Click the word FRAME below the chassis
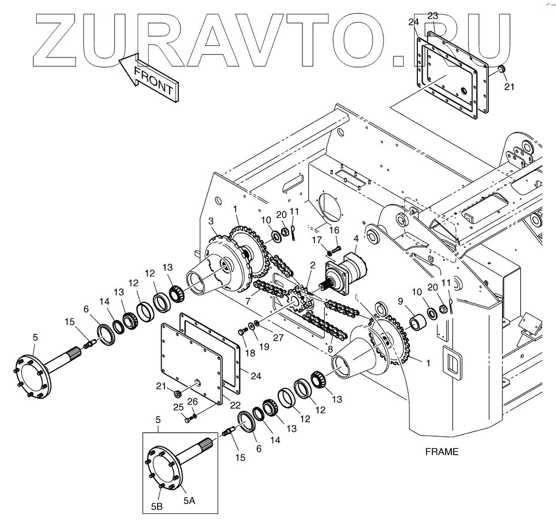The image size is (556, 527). click(x=442, y=452)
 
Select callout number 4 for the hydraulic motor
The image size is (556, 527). click(x=356, y=239)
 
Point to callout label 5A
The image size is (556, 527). click(x=189, y=501)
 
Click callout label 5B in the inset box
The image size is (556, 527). click(x=157, y=505)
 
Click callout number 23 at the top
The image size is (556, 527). click(x=432, y=17)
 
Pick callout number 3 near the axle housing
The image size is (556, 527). click(x=211, y=221)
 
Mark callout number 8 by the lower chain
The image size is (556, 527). click(x=332, y=348)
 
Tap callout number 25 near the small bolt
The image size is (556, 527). click(x=178, y=407)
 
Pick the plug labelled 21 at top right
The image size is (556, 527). click(x=501, y=71)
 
